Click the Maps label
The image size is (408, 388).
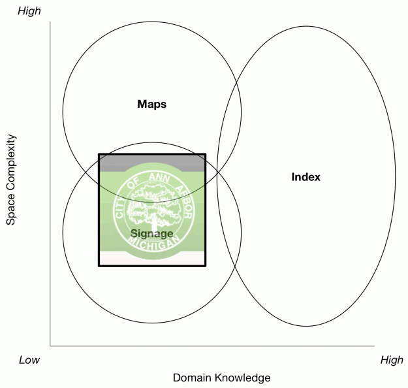[151, 104]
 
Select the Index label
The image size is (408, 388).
[306, 177]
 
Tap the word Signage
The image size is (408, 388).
[151, 233]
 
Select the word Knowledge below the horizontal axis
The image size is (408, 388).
[244, 378]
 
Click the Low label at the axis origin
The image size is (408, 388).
[29, 360]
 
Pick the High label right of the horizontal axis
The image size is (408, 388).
[392, 360]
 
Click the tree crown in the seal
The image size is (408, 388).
[151, 196]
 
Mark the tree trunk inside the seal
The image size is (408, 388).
[151, 219]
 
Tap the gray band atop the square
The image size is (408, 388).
[151, 163]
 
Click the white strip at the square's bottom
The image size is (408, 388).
[151, 259]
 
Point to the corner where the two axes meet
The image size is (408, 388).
[50, 346]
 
